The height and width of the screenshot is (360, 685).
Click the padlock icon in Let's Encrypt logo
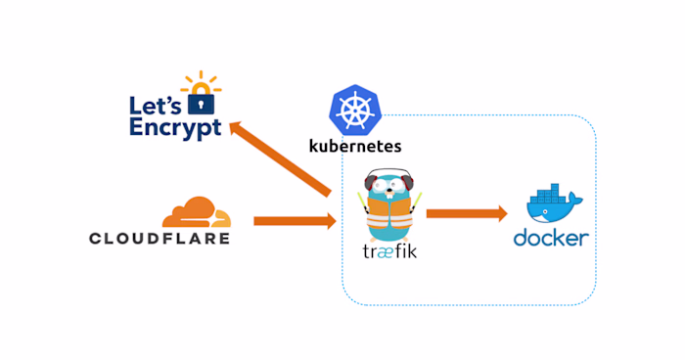tap(201, 100)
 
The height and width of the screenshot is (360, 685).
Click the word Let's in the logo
tap(158, 104)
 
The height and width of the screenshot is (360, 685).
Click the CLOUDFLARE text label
tap(160, 238)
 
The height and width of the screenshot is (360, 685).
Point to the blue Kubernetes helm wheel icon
tap(353, 109)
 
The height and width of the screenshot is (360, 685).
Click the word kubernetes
tap(354, 147)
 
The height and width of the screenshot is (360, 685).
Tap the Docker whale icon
tap(552, 206)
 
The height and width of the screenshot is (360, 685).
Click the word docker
tap(552, 238)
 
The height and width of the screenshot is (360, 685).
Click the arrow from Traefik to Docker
tap(466, 213)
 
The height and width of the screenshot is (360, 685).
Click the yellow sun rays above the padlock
tap(201, 79)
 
